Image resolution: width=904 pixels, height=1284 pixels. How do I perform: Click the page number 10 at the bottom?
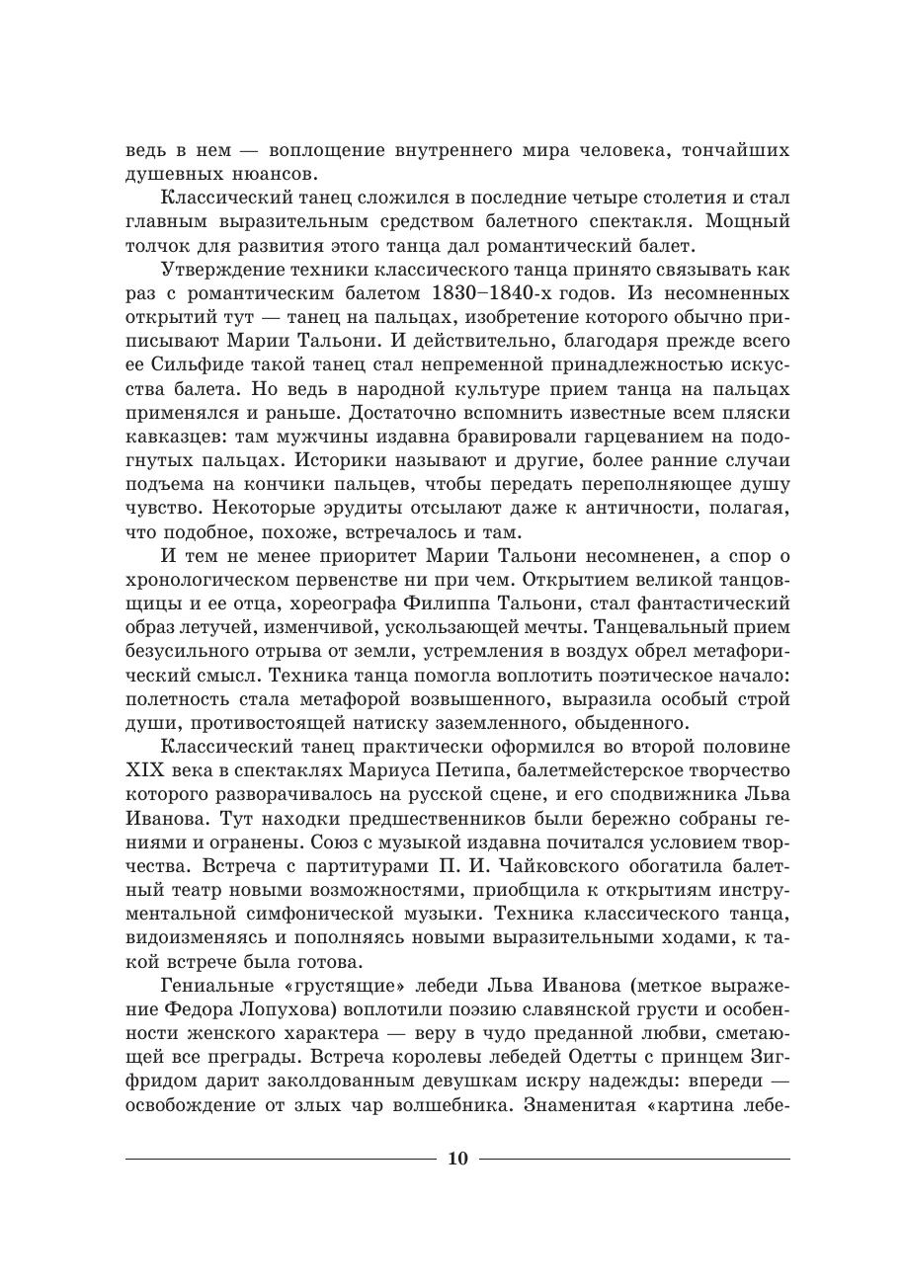coord(457,1159)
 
